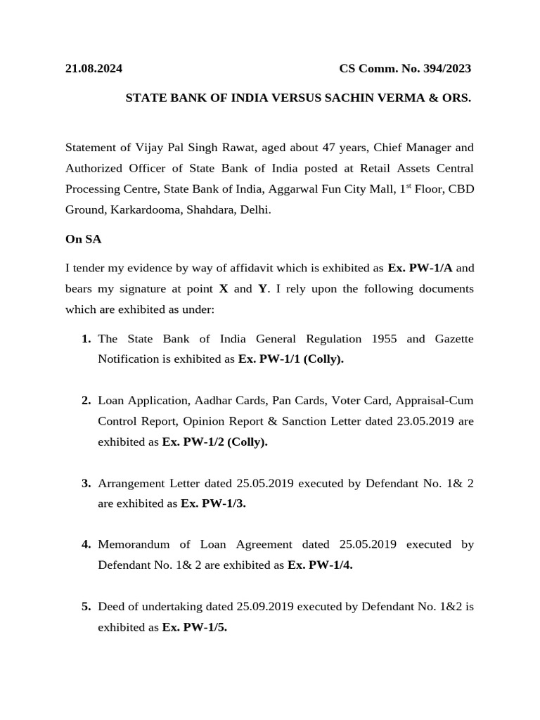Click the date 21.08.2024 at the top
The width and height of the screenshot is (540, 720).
click(x=94, y=68)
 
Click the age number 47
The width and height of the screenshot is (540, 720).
click(x=328, y=148)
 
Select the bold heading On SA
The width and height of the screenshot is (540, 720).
click(x=83, y=239)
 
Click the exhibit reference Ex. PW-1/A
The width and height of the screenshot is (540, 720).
click(x=420, y=268)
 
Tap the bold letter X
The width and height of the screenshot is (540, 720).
click(x=224, y=289)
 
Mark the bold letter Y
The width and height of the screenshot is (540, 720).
click(x=263, y=289)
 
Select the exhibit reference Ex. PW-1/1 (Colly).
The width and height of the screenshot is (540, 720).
click(x=290, y=359)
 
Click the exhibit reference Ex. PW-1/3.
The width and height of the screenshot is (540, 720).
click(x=213, y=503)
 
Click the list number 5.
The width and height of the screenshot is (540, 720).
click(x=86, y=606)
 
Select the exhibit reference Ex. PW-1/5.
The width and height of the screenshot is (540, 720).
click(x=194, y=627)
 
